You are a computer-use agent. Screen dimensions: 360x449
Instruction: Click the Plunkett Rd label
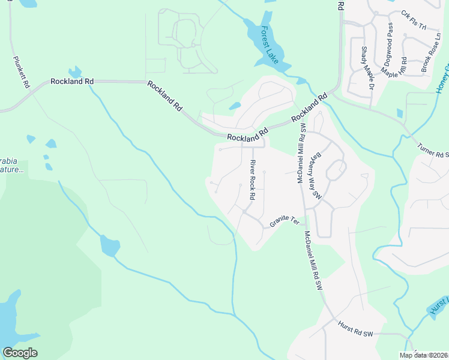pos(20,72)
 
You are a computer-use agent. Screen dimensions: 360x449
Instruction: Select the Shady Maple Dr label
pos(367,68)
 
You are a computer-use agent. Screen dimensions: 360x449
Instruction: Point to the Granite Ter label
pos(284,221)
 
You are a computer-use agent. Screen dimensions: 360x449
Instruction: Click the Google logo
pos(20,353)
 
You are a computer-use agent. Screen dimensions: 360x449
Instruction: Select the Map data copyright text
pos(424,355)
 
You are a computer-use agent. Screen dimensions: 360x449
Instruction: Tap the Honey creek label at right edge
pos(442,81)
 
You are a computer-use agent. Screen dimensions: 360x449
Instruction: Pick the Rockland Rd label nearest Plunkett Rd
pos(72,81)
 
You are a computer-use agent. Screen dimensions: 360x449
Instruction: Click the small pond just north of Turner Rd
pos(400,113)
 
